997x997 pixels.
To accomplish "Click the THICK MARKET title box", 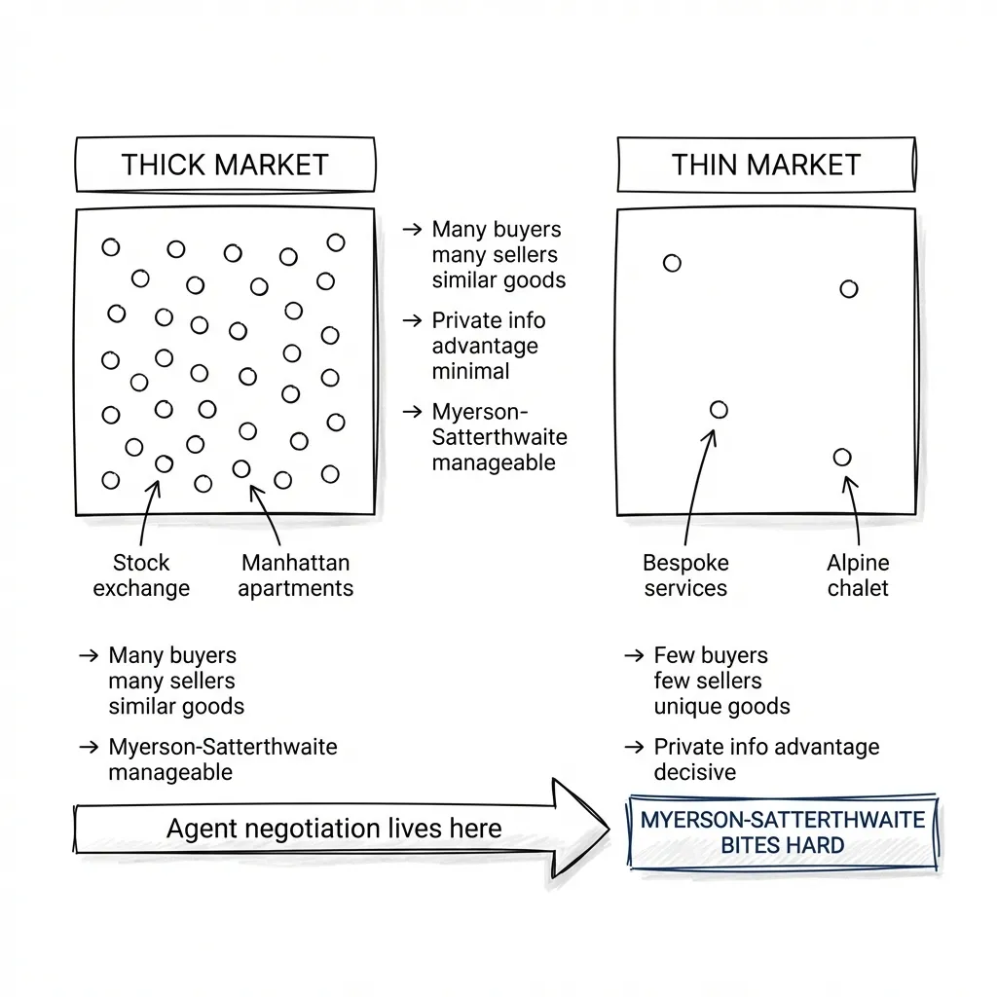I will (x=225, y=165).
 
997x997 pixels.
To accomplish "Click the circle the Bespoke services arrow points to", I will (x=719, y=410).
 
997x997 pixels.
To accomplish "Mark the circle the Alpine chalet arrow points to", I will (x=842, y=458).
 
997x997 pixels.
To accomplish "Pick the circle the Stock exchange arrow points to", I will (x=164, y=464).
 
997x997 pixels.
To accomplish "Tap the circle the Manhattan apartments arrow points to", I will (x=241, y=469).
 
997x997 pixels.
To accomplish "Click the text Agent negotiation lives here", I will (x=334, y=829).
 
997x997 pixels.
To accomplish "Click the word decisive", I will (x=694, y=773).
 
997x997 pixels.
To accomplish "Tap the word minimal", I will (x=470, y=371).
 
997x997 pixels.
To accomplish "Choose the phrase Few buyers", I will (x=711, y=655).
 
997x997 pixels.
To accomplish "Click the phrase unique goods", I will (x=721, y=706).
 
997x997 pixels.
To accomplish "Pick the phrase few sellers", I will (x=707, y=681).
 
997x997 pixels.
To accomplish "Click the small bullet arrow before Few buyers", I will (x=633, y=656).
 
